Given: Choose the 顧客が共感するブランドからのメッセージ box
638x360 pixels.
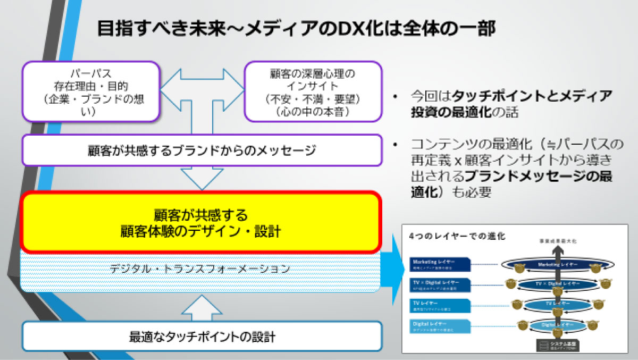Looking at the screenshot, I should pyautogui.click(x=202, y=150).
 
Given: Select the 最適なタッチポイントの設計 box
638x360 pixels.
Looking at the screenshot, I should pyautogui.click(x=202, y=336).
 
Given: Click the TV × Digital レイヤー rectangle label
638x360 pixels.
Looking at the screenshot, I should pyautogui.click(x=440, y=285).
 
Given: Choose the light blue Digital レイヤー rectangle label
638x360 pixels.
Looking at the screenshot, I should pyautogui.click(x=440, y=325).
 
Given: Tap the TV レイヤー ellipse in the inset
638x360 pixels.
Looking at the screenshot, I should pyautogui.click(x=555, y=304).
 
